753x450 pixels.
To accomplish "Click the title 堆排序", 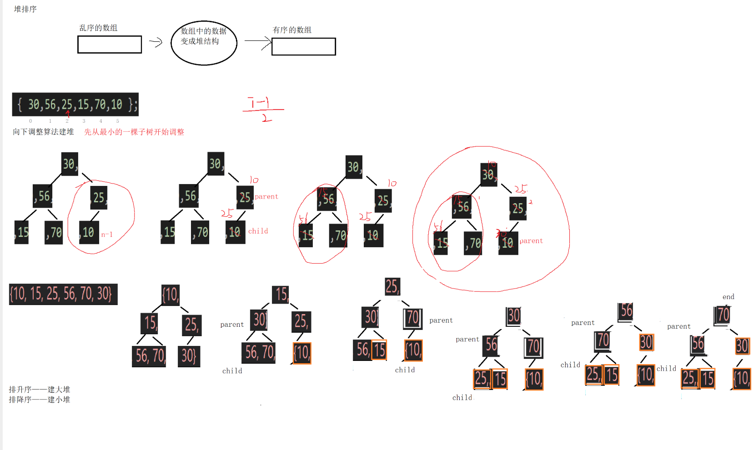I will (25, 9).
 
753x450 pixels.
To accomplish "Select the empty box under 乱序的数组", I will (110, 45).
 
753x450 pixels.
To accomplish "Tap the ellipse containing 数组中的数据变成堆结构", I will (204, 43).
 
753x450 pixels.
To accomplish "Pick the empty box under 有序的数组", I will (303, 47).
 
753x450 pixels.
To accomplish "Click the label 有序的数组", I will (292, 30).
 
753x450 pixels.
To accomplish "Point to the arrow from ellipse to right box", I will (257, 42).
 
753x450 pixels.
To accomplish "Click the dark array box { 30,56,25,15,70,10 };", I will (75, 105).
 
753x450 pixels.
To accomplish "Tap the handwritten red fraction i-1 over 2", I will (263, 109).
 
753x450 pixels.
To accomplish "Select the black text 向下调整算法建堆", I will (43, 132).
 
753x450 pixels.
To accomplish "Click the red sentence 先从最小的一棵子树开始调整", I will (134, 132).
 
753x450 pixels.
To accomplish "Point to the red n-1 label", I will (107, 235).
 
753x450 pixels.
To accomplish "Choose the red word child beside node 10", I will (258, 231).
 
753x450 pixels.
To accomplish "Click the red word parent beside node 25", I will (266, 196).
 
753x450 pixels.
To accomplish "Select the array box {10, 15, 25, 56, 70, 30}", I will (63, 294).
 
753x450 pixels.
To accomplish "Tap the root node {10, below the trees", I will (171, 295).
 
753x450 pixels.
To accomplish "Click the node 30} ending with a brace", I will (189, 356).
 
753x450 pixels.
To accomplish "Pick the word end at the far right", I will (728, 297).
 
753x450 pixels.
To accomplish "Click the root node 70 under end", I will (723, 315).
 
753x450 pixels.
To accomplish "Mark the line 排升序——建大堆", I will (40, 390).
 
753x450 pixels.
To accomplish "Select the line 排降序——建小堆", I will (40, 400).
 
